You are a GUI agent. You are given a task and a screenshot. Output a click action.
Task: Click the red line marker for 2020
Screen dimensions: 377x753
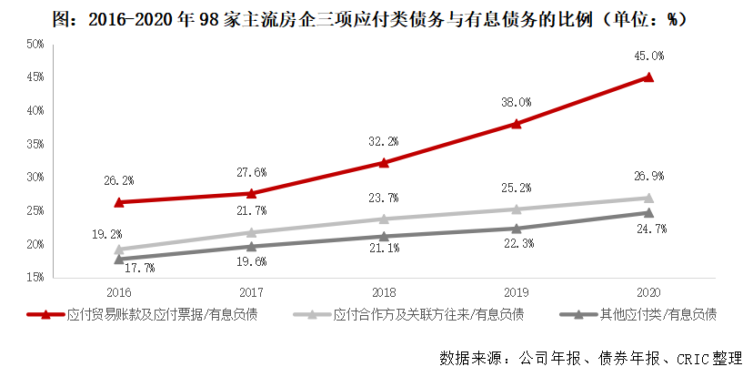point(648,77)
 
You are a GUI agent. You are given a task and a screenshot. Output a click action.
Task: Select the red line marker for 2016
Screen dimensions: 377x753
point(118,202)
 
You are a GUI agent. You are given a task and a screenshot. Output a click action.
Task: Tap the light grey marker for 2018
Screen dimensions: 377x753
point(383,219)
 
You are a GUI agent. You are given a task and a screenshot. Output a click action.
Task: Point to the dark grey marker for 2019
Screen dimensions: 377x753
point(516,229)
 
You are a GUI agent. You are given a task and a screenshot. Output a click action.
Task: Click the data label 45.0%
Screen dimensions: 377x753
point(648,56)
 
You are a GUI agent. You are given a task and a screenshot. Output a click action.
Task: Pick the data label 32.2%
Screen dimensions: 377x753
point(383,142)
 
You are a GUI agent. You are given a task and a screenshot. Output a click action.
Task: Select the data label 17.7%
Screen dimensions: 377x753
point(118,268)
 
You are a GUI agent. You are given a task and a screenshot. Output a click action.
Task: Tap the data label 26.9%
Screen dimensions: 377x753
point(648,177)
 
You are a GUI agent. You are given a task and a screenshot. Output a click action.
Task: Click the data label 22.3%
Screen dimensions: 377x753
point(516,246)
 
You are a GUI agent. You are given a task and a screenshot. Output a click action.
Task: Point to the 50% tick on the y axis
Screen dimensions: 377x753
point(34,44)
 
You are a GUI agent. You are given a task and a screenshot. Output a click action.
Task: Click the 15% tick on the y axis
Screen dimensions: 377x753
point(34,277)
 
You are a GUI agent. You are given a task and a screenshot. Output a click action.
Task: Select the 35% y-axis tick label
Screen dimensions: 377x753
point(34,144)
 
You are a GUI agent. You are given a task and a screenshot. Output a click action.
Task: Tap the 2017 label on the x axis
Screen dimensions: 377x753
point(251,293)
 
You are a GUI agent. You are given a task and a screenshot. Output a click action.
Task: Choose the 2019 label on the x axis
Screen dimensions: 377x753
point(516,293)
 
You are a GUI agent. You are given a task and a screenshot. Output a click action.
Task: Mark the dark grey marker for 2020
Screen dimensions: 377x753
point(648,212)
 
